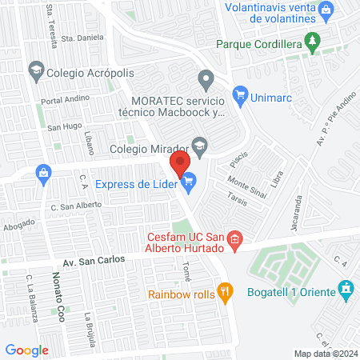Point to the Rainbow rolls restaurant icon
(x=226, y=293)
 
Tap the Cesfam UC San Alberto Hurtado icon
(x=234, y=238)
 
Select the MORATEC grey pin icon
(x=206, y=78)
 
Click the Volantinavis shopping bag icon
(x=326, y=10)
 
